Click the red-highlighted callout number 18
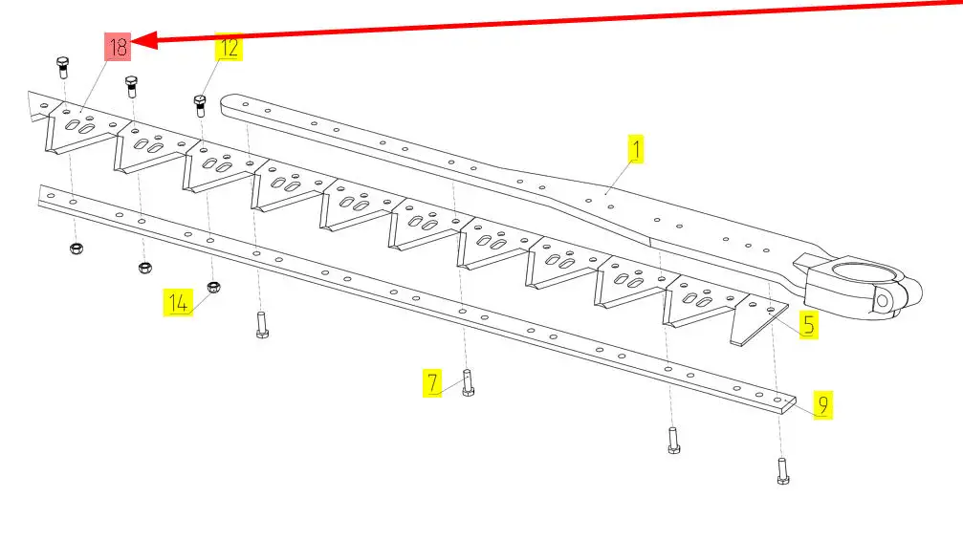pos(118,47)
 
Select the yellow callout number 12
pos(230,47)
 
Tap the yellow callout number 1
pos(636,149)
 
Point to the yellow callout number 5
pos(809,325)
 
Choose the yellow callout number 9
pos(823,405)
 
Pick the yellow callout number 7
pos(432,383)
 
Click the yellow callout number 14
pos(178,302)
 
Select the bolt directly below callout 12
pos(200,106)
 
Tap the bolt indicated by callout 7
pos(468,383)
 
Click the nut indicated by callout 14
pos(213,287)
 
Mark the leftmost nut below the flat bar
pos(77,249)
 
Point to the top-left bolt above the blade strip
pos(62,67)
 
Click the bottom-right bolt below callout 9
pos(783,471)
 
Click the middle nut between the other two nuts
pos(145,267)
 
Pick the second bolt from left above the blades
pos(131,87)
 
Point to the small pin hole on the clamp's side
pos(883,301)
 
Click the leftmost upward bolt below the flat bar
pos(262,325)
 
